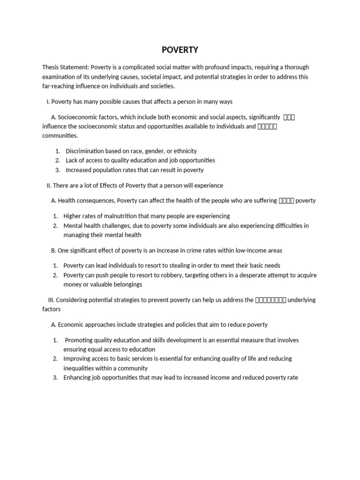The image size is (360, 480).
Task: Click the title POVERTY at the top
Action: [x=180, y=50]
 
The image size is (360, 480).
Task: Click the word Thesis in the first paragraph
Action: [x=51, y=67]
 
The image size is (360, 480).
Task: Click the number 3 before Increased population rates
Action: [x=57, y=170]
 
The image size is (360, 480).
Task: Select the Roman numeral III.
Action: [x=52, y=300]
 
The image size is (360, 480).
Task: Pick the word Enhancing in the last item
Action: [x=77, y=377]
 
